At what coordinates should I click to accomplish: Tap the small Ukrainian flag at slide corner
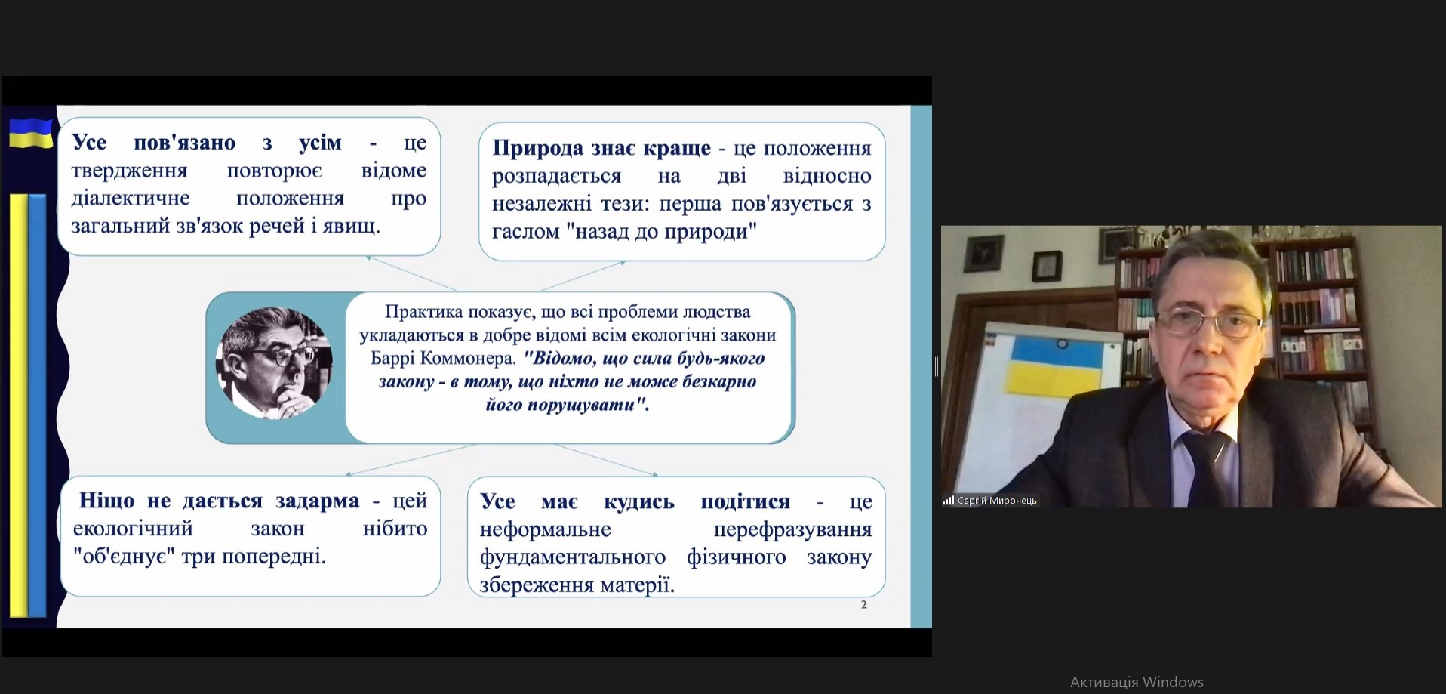coord(30,133)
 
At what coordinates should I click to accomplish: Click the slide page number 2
coord(864,605)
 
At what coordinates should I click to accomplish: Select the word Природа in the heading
coord(538,148)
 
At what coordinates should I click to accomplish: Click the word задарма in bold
coord(317,501)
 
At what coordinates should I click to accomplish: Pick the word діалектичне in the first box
coord(131,199)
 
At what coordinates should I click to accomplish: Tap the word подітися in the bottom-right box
coord(745,502)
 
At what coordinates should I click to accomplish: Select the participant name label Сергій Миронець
coord(997,501)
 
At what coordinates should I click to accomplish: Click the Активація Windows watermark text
coord(1137,682)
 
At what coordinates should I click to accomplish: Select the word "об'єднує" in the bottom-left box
coord(125,557)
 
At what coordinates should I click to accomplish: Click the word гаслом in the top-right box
coord(525,232)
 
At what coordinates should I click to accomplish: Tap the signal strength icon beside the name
coord(949,500)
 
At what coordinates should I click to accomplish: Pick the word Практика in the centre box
coord(423,312)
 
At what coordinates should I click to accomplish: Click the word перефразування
coord(792,530)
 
